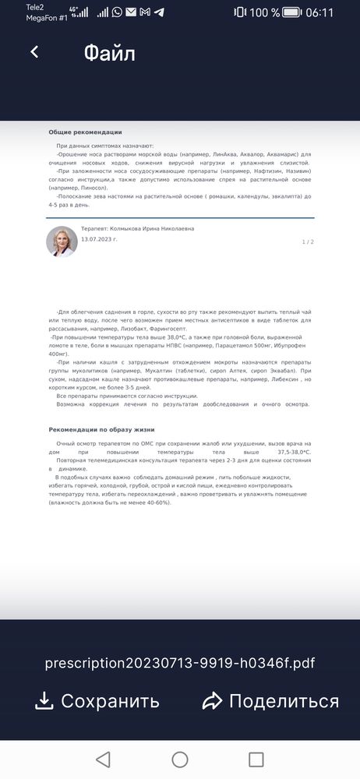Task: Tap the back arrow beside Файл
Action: (x=34, y=52)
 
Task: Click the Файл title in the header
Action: (x=109, y=53)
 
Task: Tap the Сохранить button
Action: (x=97, y=701)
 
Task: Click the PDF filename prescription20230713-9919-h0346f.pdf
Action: (x=180, y=664)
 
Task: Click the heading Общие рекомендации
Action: (x=85, y=132)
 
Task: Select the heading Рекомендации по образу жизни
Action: (x=101, y=429)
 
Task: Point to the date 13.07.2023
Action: (x=99, y=239)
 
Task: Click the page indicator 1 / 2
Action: (x=308, y=242)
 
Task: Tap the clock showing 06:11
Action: (x=319, y=12)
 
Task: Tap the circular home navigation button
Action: (x=180, y=760)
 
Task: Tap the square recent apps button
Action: (x=256, y=760)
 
